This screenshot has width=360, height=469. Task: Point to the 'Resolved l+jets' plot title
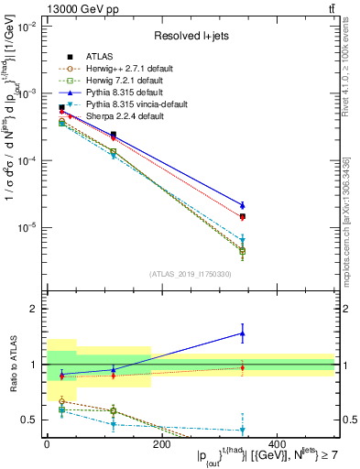[191, 36]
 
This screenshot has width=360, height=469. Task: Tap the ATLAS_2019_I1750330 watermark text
[191, 274]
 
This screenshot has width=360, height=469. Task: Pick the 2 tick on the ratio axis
[35, 310]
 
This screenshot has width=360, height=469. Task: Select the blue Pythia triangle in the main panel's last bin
[242, 205]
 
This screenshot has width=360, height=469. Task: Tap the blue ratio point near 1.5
[242, 333]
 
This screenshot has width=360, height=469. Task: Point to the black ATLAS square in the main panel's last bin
[242, 217]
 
